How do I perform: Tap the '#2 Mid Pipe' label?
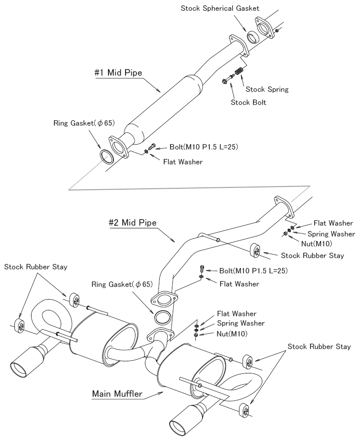(132, 222)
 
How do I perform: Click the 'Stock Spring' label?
(265, 90)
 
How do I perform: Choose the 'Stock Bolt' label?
(248, 102)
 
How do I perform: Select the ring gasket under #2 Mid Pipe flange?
(162, 318)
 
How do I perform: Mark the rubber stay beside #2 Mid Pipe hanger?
(256, 250)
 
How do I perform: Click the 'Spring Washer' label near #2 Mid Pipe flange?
(331, 234)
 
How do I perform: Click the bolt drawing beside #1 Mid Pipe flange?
(152, 146)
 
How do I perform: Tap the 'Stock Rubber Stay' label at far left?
(36, 267)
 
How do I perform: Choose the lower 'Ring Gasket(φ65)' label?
(122, 284)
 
